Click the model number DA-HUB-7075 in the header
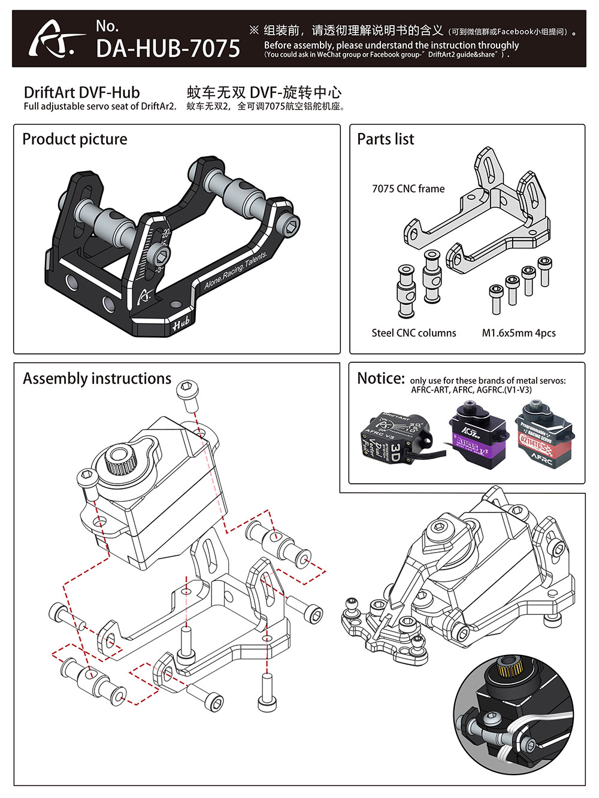(168, 48)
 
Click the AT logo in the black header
(55, 40)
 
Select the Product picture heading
(75, 139)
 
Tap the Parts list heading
(386, 139)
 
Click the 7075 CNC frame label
(408, 189)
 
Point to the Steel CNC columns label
(413, 333)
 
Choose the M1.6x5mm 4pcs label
(519, 333)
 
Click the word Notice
(381, 379)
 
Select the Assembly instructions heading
(97, 379)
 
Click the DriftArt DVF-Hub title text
(81, 93)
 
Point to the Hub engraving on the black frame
(181, 324)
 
